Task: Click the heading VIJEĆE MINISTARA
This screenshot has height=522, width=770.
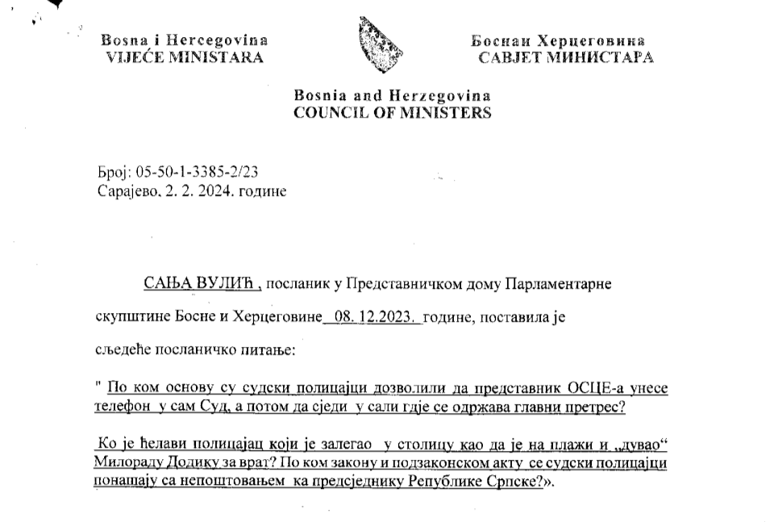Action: coord(185,57)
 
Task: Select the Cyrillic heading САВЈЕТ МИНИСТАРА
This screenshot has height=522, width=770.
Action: coord(565,57)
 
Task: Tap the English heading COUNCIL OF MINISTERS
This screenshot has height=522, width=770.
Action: coord(392,113)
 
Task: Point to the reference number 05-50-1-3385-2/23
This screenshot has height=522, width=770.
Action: coord(198,173)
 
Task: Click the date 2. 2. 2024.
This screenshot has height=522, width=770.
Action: coord(198,192)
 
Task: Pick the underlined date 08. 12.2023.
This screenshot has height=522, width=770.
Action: coord(373,317)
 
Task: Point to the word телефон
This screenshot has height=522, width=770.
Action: coord(123,407)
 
